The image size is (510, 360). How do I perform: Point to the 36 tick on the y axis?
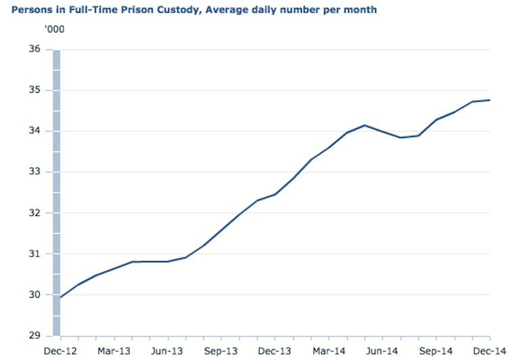pyautogui.click(x=35, y=49)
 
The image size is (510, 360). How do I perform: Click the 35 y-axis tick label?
pyautogui.click(x=35, y=90)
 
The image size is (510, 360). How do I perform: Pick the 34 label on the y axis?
pyautogui.click(x=35, y=131)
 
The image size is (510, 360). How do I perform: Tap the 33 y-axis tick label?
pyautogui.click(x=35, y=172)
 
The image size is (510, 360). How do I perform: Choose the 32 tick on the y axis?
pyautogui.click(x=35, y=213)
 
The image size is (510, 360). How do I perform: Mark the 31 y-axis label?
pyautogui.click(x=35, y=254)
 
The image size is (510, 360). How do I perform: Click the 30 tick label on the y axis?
pyautogui.click(x=35, y=295)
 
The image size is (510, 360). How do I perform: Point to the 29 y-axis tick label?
pyautogui.click(x=35, y=336)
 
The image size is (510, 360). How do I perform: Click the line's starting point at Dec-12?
pyautogui.click(x=61, y=297)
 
